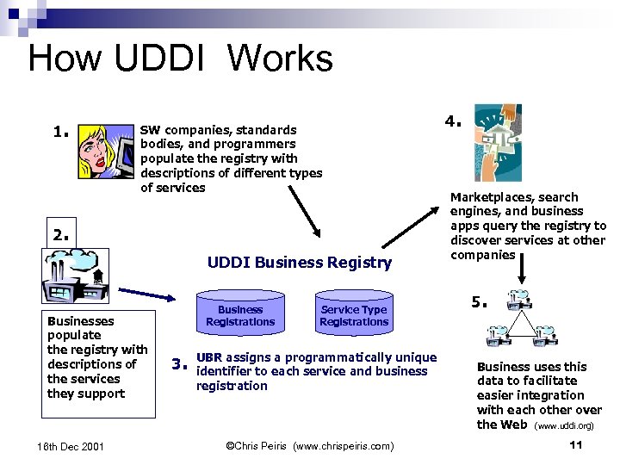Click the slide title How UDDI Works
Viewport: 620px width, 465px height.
tap(180, 59)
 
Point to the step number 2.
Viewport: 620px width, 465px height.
tap(60, 233)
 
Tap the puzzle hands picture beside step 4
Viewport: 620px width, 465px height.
tap(497, 142)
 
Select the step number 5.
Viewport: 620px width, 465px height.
tap(479, 303)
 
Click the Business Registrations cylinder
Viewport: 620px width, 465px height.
tap(240, 313)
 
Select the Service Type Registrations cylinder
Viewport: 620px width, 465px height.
tap(353, 313)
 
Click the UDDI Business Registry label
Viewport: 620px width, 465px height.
tap(299, 263)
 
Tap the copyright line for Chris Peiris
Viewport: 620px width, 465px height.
tap(309, 445)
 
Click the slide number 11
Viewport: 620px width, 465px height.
tap(577, 445)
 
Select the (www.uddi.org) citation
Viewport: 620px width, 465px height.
tap(564, 425)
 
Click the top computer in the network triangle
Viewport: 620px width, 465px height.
tap(520, 300)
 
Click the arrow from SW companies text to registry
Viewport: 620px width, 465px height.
tap(303, 209)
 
